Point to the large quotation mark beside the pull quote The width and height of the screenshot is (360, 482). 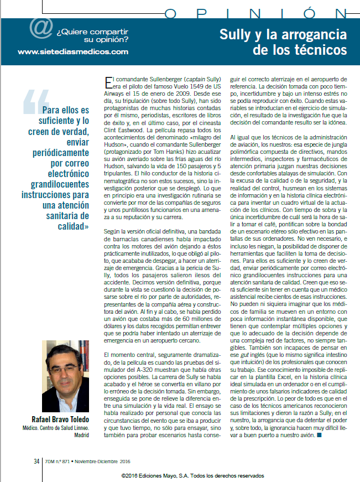coord(33,101)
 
